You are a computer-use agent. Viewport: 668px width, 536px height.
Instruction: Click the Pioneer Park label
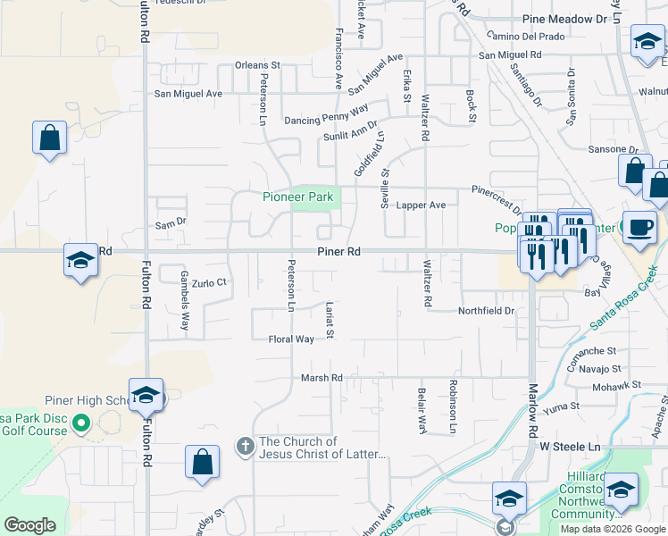pyautogui.click(x=296, y=197)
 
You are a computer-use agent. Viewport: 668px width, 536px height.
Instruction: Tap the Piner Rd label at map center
pyautogui.click(x=338, y=253)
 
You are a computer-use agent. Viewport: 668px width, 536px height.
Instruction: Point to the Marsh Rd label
pyautogui.click(x=322, y=378)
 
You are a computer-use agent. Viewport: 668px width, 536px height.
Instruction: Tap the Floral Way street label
pyautogui.click(x=291, y=339)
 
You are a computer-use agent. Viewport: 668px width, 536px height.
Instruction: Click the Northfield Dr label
pyautogui.click(x=487, y=311)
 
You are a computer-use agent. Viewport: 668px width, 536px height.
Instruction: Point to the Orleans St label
pyautogui.click(x=257, y=65)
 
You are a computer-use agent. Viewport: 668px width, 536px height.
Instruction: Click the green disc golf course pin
pyautogui.click(x=81, y=423)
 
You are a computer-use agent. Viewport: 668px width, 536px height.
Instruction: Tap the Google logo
pyautogui.click(x=29, y=525)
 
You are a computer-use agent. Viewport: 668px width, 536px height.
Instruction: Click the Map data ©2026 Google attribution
pyautogui.click(x=612, y=529)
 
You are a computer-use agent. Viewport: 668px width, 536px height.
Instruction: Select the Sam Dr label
pyautogui.click(x=170, y=222)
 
